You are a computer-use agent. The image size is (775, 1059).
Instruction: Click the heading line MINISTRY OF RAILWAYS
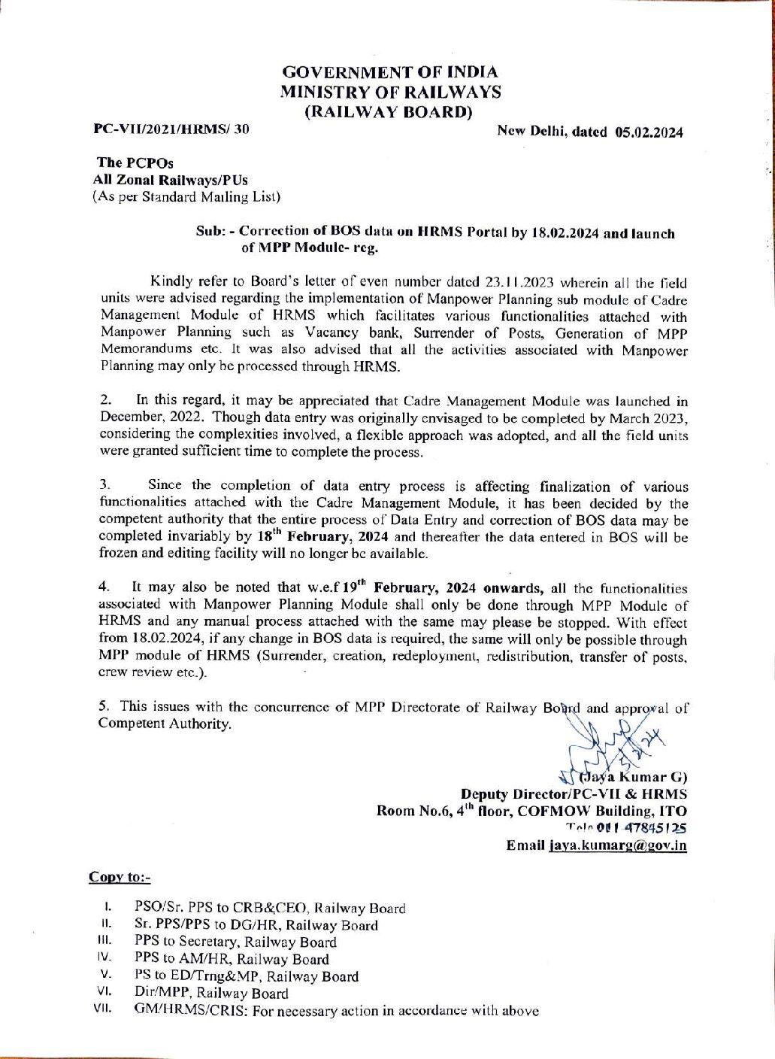[x=390, y=93]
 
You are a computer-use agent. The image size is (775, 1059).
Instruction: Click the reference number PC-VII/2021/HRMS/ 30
[x=171, y=129]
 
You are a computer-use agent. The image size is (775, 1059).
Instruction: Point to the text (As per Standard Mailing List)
[x=186, y=197]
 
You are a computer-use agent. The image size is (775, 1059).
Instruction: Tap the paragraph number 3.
[x=105, y=485]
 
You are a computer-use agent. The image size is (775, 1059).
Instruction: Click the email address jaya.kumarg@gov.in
[x=617, y=845]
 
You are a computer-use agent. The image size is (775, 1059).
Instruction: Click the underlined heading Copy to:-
[x=120, y=877]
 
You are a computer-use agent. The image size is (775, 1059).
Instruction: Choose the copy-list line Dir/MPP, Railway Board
[x=211, y=994]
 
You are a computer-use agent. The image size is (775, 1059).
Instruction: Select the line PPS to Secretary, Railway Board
[x=235, y=942]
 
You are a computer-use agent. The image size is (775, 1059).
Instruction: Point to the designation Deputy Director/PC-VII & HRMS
[x=574, y=794]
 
